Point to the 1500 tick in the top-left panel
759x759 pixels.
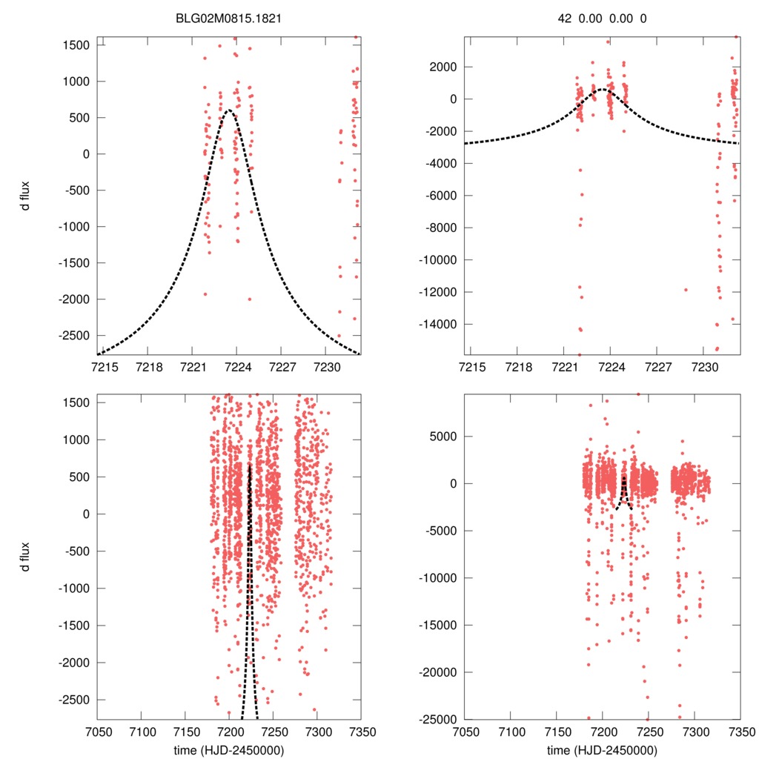coord(76,45)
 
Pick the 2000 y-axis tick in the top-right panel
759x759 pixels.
coord(446,67)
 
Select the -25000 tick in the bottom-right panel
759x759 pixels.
coord(440,719)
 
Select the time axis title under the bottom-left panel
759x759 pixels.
coord(229,749)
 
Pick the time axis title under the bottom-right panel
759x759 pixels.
coord(602,749)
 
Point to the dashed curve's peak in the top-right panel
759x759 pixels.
coord(602,90)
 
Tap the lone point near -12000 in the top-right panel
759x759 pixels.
coord(686,290)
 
